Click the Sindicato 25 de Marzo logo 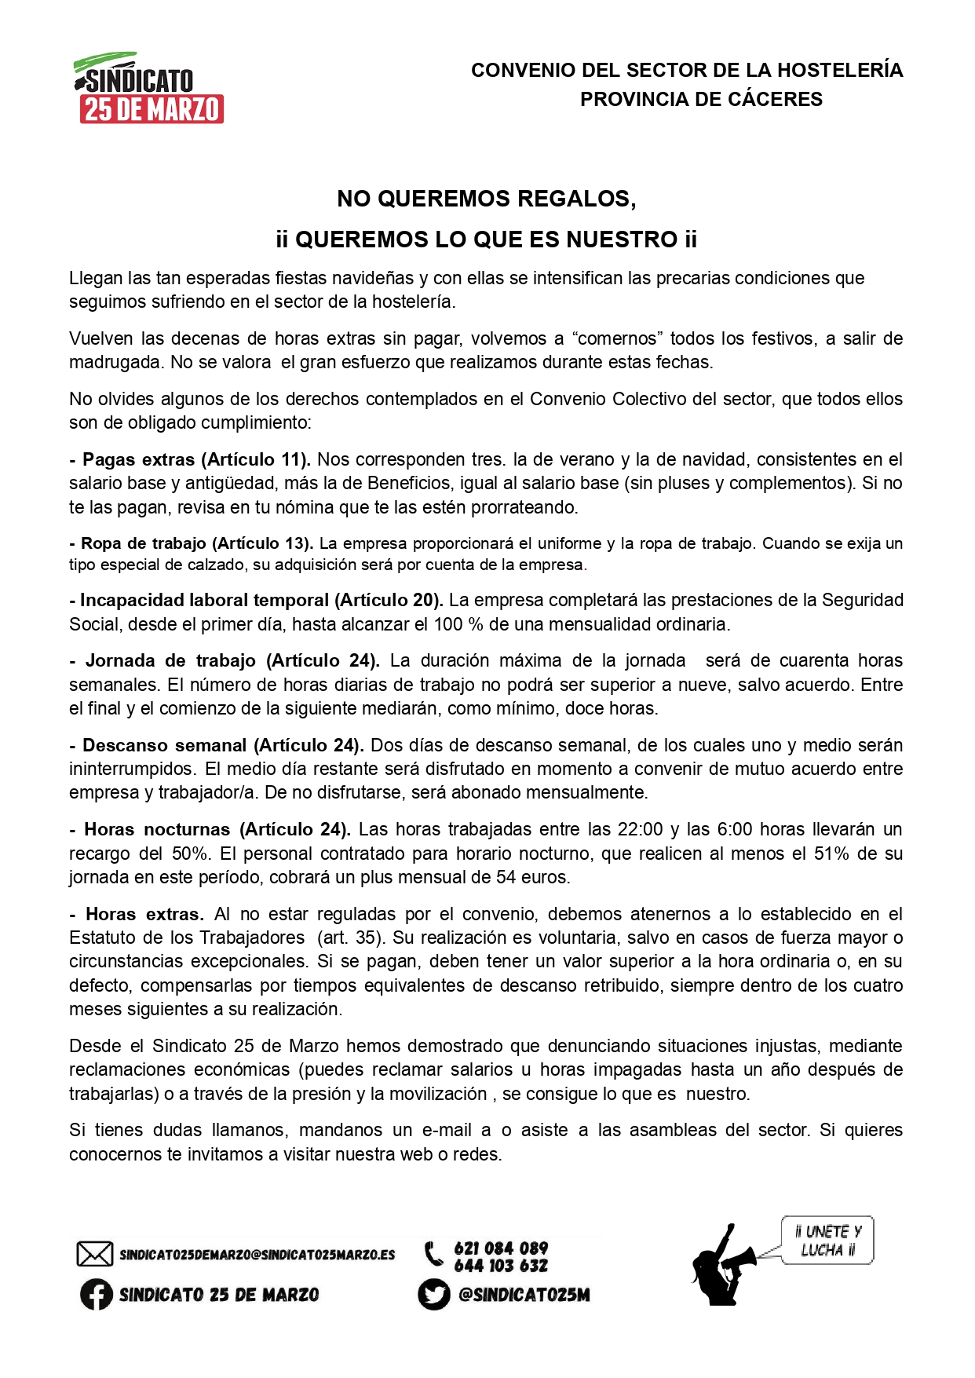(149, 88)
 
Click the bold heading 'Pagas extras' (139, 459)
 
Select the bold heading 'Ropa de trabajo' (144, 543)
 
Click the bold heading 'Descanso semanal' (165, 745)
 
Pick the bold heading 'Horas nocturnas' (157, 830)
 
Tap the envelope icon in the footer (94, 1254)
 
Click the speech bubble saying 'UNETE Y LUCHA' (828, 1241)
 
